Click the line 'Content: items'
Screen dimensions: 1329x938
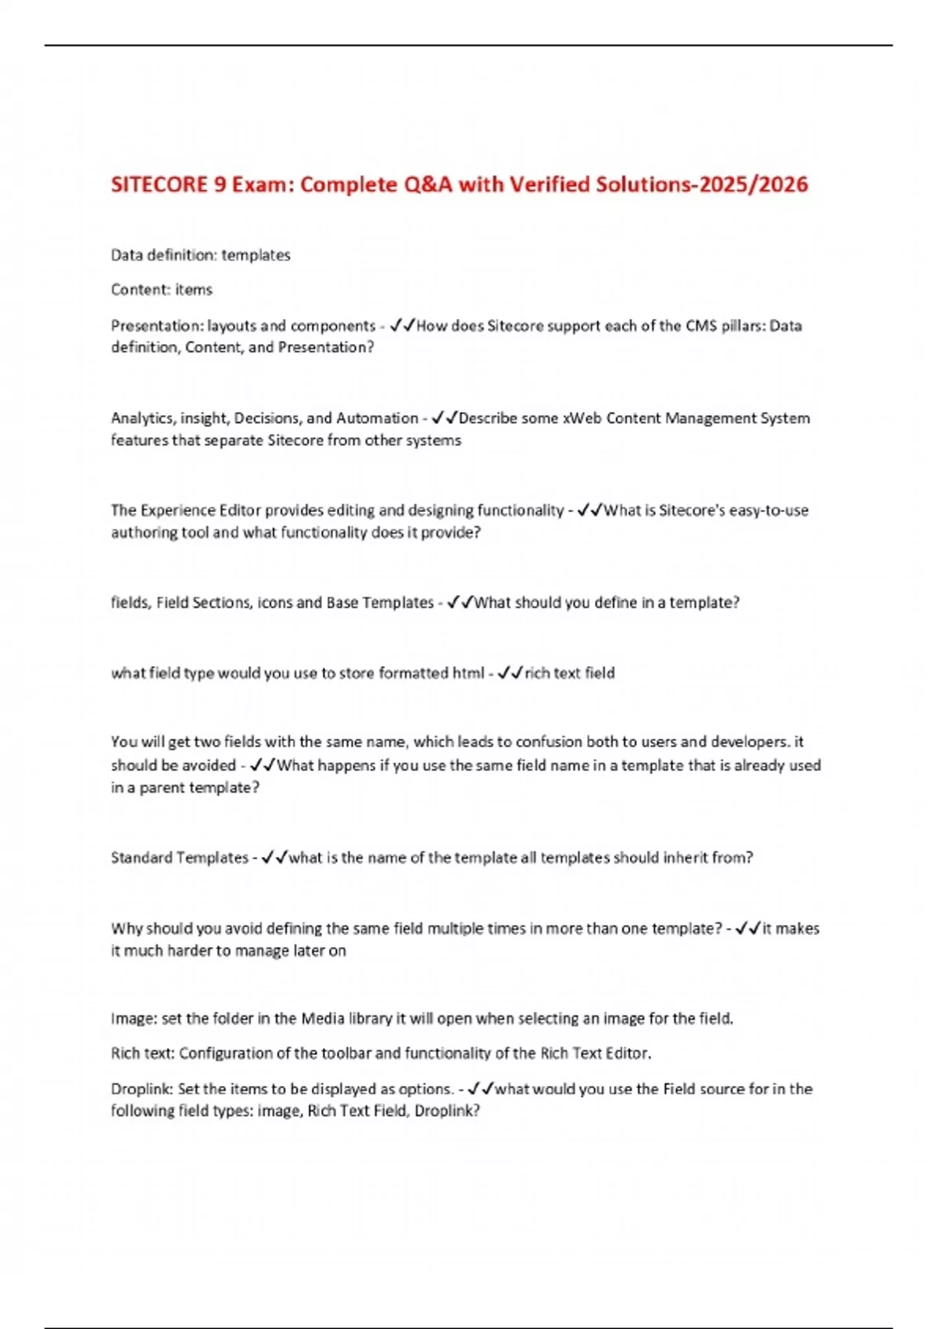point(161,290)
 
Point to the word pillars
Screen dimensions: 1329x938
point(738,326)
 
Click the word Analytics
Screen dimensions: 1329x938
point(143,418)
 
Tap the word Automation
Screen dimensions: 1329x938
point(378,418)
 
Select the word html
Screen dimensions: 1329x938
point(468,673)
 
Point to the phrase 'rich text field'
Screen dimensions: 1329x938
point(570,673)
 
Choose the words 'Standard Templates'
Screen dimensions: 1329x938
point(179,858)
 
